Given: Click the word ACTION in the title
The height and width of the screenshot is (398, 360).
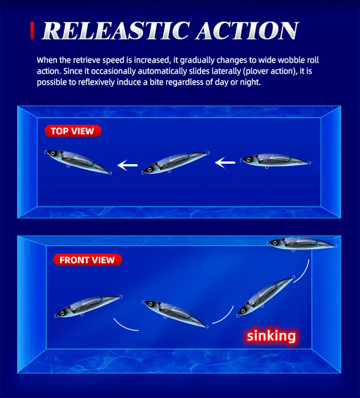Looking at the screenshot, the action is click(247, 31).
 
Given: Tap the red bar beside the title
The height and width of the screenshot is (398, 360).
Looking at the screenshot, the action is click(32, 31).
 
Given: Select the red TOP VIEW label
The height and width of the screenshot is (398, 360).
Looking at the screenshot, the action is click(73, 131).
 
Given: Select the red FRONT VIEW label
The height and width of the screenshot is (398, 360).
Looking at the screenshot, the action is click(87, 260).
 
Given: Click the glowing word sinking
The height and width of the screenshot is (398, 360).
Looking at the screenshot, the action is click(271, 335).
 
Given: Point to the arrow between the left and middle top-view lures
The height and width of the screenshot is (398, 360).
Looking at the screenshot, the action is click(127, 165).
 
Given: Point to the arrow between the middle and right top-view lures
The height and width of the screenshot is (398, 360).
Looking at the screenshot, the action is click(225, 162).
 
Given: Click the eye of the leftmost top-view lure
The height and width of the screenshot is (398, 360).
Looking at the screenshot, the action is click(53, 153).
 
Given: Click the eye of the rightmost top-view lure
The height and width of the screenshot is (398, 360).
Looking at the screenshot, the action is click(248, 160).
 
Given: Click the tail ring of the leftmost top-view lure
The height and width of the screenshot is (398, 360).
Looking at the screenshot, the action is click(110, 173).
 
